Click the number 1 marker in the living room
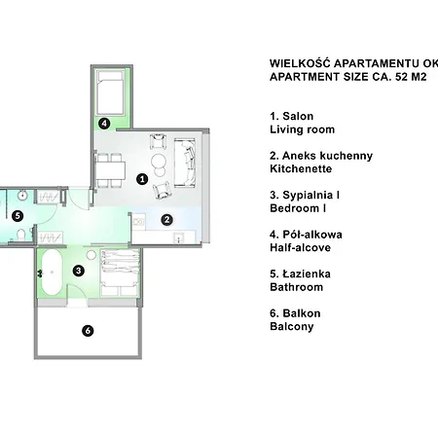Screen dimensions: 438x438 coord(142,179)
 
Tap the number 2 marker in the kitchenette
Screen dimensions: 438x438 coord(166,220)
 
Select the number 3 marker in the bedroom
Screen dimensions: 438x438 coord(79,271)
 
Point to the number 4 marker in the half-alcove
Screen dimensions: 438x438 coord(104,124)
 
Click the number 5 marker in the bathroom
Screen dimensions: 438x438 coord(18,216)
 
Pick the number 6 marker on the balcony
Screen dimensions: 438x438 coord(88,331)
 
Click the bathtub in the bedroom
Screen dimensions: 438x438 coord(52,273)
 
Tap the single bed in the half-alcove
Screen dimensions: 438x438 coord(111,92)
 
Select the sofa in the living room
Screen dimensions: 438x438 coord(185,163)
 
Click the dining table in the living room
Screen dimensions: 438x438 coord(110,170)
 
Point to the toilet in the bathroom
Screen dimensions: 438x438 coord(21,235)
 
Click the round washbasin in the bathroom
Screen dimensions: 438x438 coord(22,196)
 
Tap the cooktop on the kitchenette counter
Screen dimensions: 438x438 coord(138,222)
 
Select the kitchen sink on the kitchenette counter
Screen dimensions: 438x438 coord(179,237)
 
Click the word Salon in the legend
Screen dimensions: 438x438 coord(298,116)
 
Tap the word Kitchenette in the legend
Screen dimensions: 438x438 coord(301,168)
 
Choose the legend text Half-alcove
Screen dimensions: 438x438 coord(300,247)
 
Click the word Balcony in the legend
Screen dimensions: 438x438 coord(292,326)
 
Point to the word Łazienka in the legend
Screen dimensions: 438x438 coord(307,274)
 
